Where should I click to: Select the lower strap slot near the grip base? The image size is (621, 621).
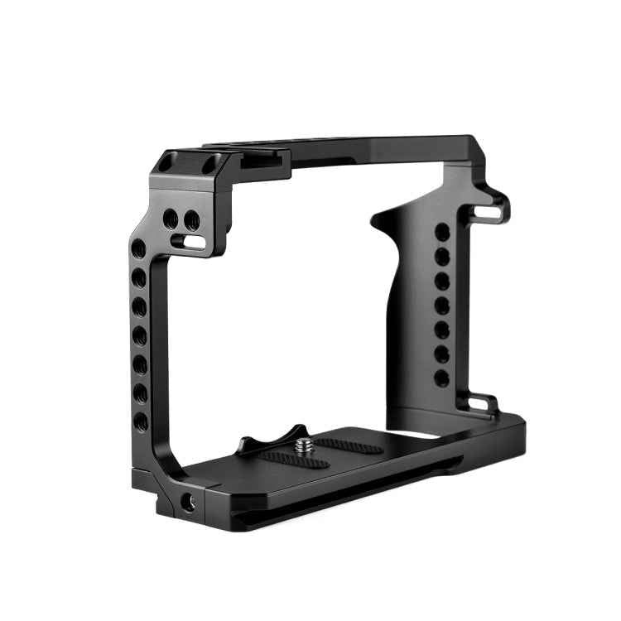click(479, 404)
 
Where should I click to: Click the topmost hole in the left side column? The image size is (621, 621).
click(139, 248)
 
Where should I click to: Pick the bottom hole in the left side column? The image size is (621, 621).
click(141, 421)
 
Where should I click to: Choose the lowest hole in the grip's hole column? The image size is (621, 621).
click(442, 378)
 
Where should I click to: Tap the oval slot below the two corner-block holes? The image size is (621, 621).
click(193, 243)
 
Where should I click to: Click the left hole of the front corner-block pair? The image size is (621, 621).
click(171, 219)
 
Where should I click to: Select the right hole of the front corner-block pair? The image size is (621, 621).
click(191, 221)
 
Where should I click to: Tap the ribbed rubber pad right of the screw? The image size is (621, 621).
click(348, 447)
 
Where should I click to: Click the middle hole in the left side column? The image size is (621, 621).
click(140, 335)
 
